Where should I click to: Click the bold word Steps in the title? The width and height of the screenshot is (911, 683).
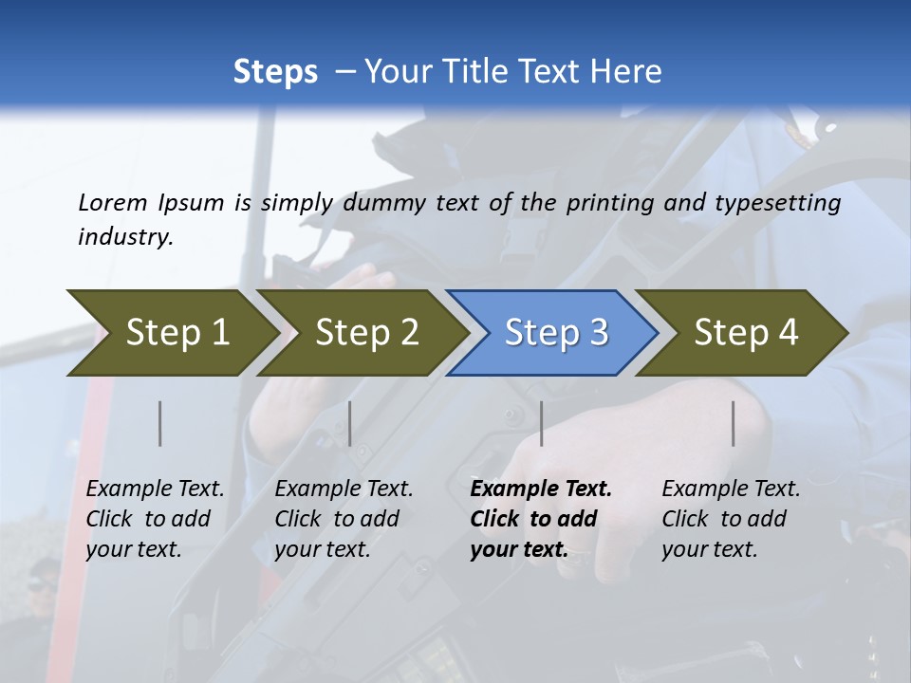[275, 72]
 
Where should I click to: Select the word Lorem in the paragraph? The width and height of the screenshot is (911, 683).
[112, 203]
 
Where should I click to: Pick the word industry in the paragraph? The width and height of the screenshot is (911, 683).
[125, 237]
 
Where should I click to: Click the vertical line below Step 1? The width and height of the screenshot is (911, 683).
[160, 423]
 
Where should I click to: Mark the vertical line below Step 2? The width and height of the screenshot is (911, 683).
[350, 423]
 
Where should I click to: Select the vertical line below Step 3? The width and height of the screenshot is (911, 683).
[542, 423]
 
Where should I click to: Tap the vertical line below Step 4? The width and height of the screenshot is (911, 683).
[733, 423]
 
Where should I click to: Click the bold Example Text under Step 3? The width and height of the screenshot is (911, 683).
[541, 489]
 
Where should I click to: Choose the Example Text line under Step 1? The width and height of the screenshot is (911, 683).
[155, 489]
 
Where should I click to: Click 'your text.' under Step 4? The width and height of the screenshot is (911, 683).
[710, 550]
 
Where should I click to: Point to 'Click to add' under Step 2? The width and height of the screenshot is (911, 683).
[337, 520]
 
